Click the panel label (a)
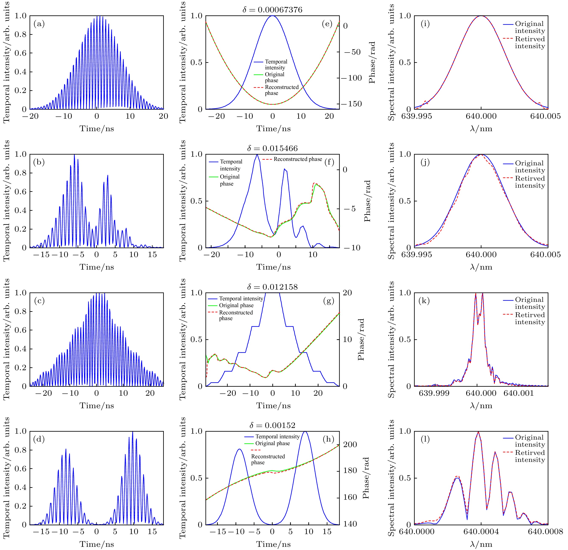point(39,24)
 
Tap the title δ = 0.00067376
point(272,10)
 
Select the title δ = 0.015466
point(272,148)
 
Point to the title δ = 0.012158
point(272,287)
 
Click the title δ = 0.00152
point(272,425)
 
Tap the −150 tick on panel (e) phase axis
point(351,104)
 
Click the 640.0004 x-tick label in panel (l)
point(481,532)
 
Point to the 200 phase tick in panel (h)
point(350,445)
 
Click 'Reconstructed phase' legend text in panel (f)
point(298,159)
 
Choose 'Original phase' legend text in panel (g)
point(236,305)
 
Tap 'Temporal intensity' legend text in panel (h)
point(277,436)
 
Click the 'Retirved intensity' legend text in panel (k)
point(530,318)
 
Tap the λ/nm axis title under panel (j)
point(481,267)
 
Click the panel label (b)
point(39,162)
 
